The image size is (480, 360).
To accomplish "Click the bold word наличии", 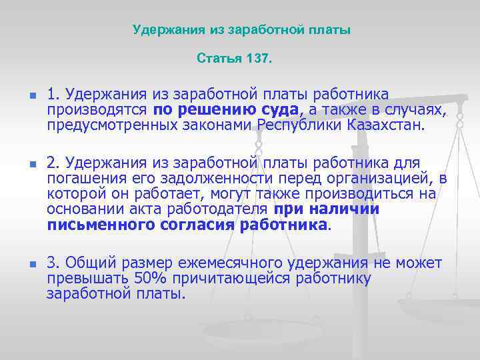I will pyautogui.click(x=347, y=209).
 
